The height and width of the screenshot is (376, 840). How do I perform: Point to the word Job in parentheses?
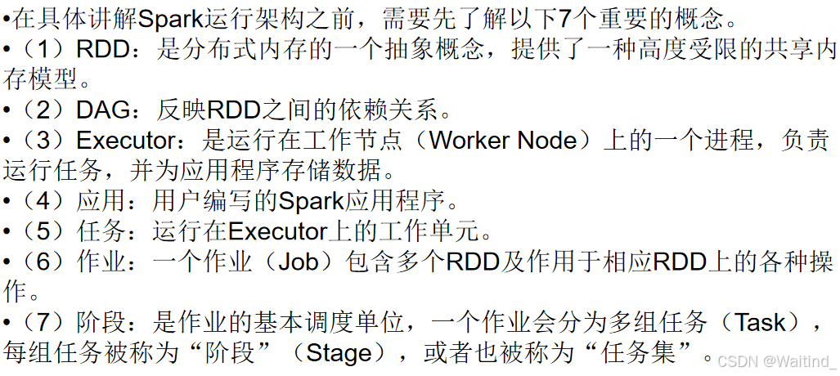point(300,262)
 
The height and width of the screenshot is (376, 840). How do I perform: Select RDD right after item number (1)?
point(103,49)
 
